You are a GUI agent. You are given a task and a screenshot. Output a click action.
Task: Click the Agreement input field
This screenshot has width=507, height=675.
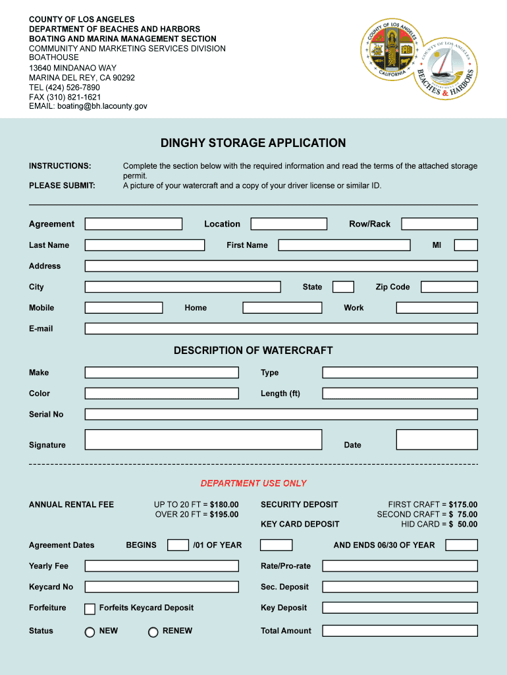[x=133, y=224]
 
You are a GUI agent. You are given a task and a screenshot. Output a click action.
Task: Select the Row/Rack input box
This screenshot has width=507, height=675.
[x=439, y=224]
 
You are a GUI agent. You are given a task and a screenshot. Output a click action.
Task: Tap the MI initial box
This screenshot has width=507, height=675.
[x=466, y=245]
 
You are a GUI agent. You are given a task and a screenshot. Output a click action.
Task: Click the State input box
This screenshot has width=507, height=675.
[x=343, y=287]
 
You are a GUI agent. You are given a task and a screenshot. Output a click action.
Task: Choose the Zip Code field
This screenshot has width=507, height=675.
[x=449, y=287]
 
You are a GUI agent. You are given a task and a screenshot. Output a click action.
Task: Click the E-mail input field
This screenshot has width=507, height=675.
[x=281, y=328]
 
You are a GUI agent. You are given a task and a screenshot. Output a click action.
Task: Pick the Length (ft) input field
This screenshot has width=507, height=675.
[x=400, y=394]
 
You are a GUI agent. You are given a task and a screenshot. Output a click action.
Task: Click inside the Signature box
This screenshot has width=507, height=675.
[x=203, y=440]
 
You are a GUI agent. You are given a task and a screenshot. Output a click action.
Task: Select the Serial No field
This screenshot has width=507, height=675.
[x=281, y=415]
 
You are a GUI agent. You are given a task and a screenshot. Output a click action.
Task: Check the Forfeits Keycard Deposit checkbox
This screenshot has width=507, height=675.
[x=90, y=608]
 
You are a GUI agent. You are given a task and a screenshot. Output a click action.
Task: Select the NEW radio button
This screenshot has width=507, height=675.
[x=90, y=631]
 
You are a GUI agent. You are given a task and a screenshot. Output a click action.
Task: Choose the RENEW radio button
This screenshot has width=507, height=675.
[x=153, y=631]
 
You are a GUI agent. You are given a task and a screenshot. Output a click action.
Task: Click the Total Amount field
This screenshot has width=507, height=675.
[x=400, y=631]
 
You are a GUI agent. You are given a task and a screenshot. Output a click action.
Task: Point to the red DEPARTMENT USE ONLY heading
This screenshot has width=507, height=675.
[x=254, y=483]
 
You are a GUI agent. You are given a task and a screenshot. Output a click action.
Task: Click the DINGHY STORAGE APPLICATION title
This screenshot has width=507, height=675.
[x=253, y=143]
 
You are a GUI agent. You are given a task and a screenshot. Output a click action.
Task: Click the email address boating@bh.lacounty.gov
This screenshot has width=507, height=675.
[x=102, y=106]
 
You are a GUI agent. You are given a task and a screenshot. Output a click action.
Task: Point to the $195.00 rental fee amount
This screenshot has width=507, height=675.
[x=224, y=514]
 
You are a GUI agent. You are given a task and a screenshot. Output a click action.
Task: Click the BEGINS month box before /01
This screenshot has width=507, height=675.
[x=178, y=545]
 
